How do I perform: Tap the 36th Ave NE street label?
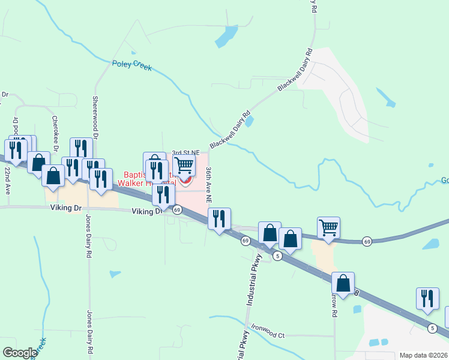coord(209,184)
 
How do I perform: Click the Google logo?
coord(20,353)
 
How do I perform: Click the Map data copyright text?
coord(423,355)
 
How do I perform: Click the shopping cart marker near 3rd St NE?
coord(184,164)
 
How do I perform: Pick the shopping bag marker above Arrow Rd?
coord(343,283)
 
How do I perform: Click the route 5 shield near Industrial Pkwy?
coord(277,256)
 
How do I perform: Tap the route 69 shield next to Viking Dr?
coord(177,210)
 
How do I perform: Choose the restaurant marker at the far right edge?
coord(427,299)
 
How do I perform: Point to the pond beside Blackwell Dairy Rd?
coord(249,122)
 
